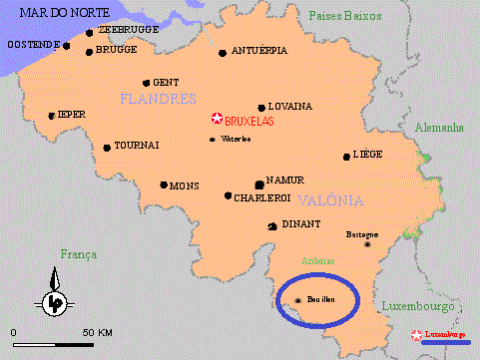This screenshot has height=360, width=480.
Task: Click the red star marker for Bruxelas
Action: click(216, 119)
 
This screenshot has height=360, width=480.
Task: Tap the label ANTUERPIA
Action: click(259, 51)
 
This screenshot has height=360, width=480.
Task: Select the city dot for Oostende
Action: click(67, 46)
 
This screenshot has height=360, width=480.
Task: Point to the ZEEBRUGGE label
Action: click(130, 31)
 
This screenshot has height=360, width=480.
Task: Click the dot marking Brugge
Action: click(90, 52)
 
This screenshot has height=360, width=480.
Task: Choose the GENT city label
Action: click(166, 82)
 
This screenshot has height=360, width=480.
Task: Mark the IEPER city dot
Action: click(52, 116)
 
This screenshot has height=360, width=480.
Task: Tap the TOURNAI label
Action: click(137, 146)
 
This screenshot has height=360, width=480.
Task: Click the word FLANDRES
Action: click(157, 99)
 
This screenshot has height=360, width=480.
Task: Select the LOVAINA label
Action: click(291, 106)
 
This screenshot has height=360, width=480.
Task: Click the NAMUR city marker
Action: click(259, 183)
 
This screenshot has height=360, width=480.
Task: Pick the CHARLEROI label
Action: click(261, 197)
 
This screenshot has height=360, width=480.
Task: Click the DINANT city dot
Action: click(272, 226)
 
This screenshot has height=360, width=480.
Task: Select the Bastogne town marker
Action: click(369, 243)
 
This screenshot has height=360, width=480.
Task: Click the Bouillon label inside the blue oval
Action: click(322, 299)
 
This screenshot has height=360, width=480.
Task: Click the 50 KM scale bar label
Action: click(97, 331)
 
